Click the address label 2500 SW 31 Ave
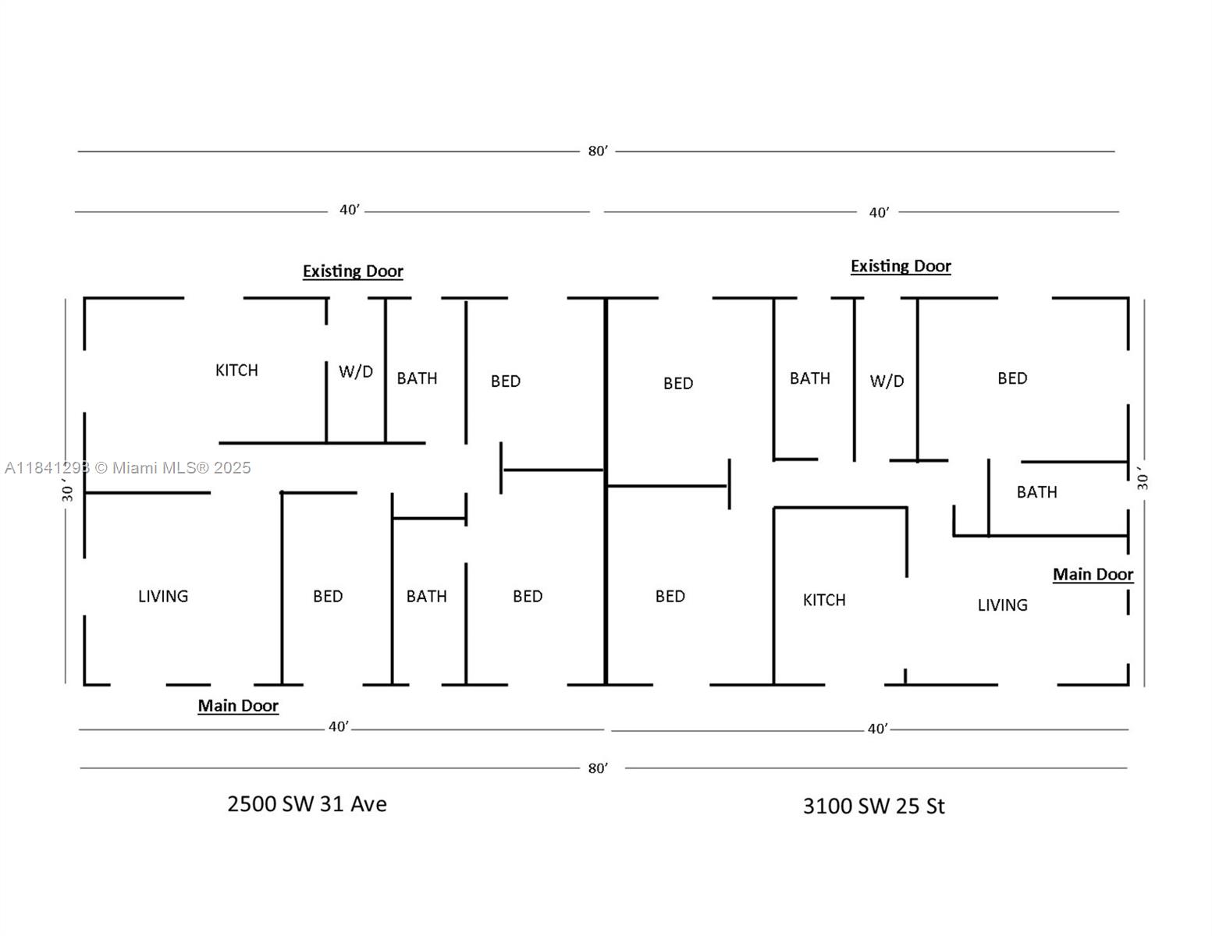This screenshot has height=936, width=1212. coord(307,804)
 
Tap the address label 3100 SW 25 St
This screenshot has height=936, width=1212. coord(873,806)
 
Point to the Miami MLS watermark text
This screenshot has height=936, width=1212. coord(128,467)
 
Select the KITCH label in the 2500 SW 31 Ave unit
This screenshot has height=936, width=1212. coord(236,370)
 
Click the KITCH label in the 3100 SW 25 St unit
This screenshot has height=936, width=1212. coord(824,600)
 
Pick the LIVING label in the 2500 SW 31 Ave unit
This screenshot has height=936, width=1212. coord(163,596)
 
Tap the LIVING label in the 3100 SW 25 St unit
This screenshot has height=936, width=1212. coord(1002,604)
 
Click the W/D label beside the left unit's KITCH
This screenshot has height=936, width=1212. coord(355,371)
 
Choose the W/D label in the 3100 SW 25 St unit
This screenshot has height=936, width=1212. coord(887,381)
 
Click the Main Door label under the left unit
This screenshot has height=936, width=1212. coord(238,706)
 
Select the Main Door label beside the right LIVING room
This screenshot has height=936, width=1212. coord(1093,574)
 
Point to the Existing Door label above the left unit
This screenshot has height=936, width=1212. coord(353,271)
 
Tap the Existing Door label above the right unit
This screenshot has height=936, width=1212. coord(901,266)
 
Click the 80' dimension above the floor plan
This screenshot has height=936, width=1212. coord(597,151)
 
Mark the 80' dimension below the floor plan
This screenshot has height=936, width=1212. coord(597,768)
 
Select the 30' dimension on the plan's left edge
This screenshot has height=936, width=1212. coord(67,491)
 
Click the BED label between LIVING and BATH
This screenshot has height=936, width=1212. coord(328,596)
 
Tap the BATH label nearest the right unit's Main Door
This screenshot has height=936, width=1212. coord(1036,491)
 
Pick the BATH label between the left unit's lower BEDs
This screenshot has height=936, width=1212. coord(426,596)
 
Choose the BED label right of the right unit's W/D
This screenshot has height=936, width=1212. coord(1012,378)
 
